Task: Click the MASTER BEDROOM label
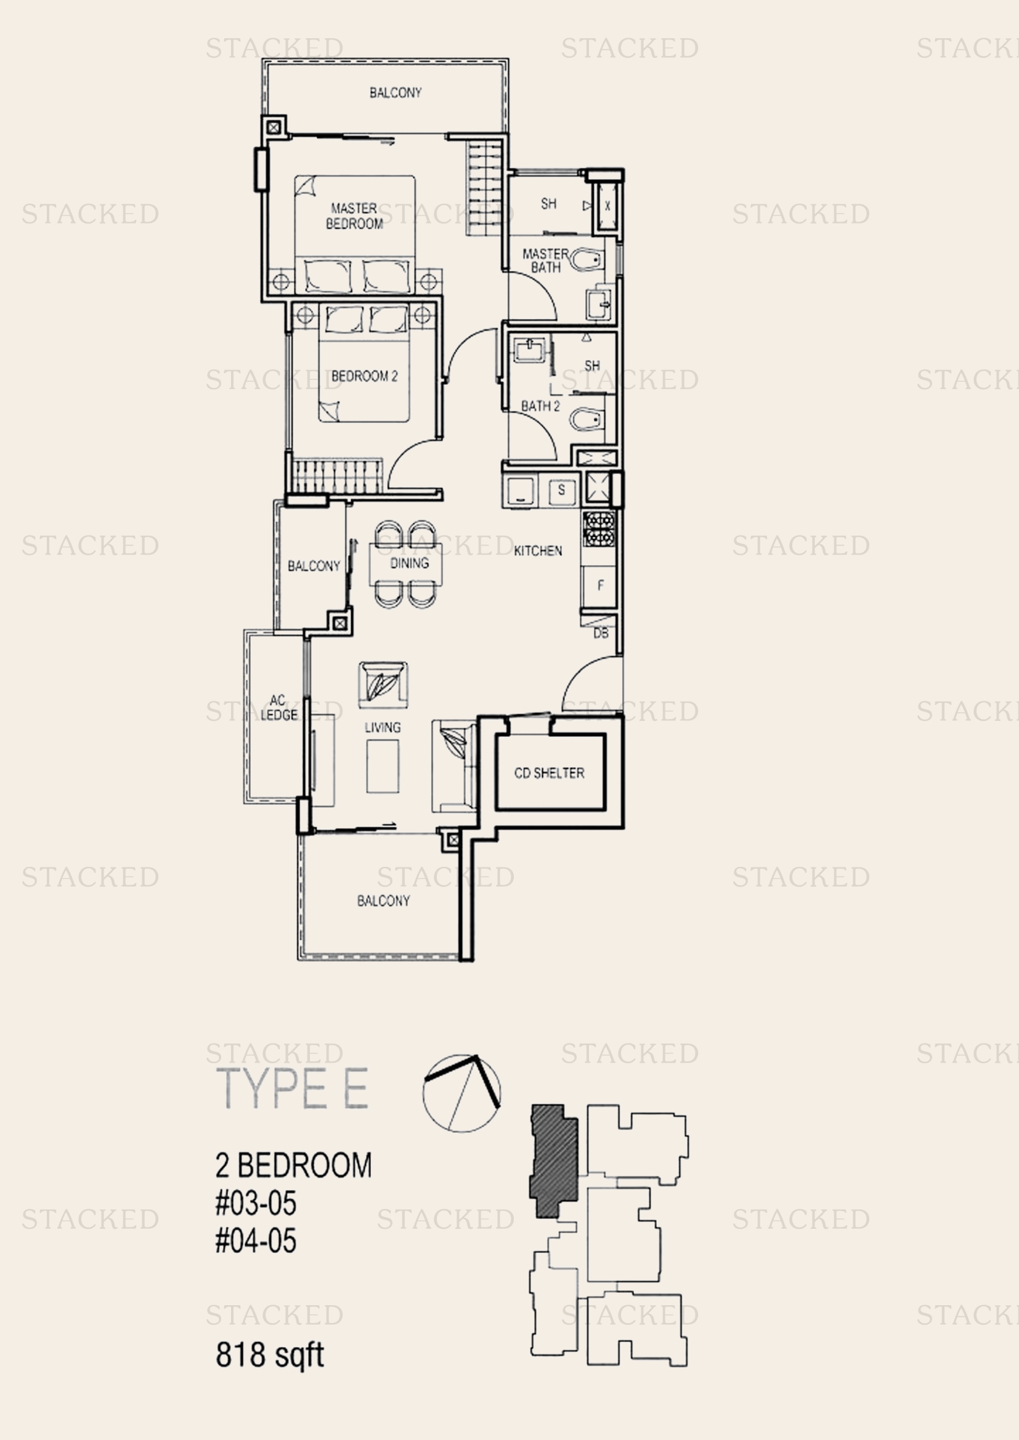click(x=354, y=215)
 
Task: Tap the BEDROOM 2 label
click(x=364, y=376)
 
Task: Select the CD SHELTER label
click(x=549, y=773)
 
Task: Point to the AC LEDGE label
click(x=278, y=707)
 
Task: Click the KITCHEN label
click(x=538, y=550)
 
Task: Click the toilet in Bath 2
click(x=587, y=419)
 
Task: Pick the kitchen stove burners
click(x=599, y=529)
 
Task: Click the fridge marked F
click(x=599, y=585)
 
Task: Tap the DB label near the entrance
click(x=601, y=634)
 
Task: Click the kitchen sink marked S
click(x=561, y=490)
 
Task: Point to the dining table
click(x=406, y=563)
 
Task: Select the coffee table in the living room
click(x=383, y=766)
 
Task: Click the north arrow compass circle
click(x=462, y=1095)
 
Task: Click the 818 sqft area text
click(x=270, y=1354)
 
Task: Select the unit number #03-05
click(x=256, y=1204)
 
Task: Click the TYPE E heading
click(x=293, y=1089)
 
